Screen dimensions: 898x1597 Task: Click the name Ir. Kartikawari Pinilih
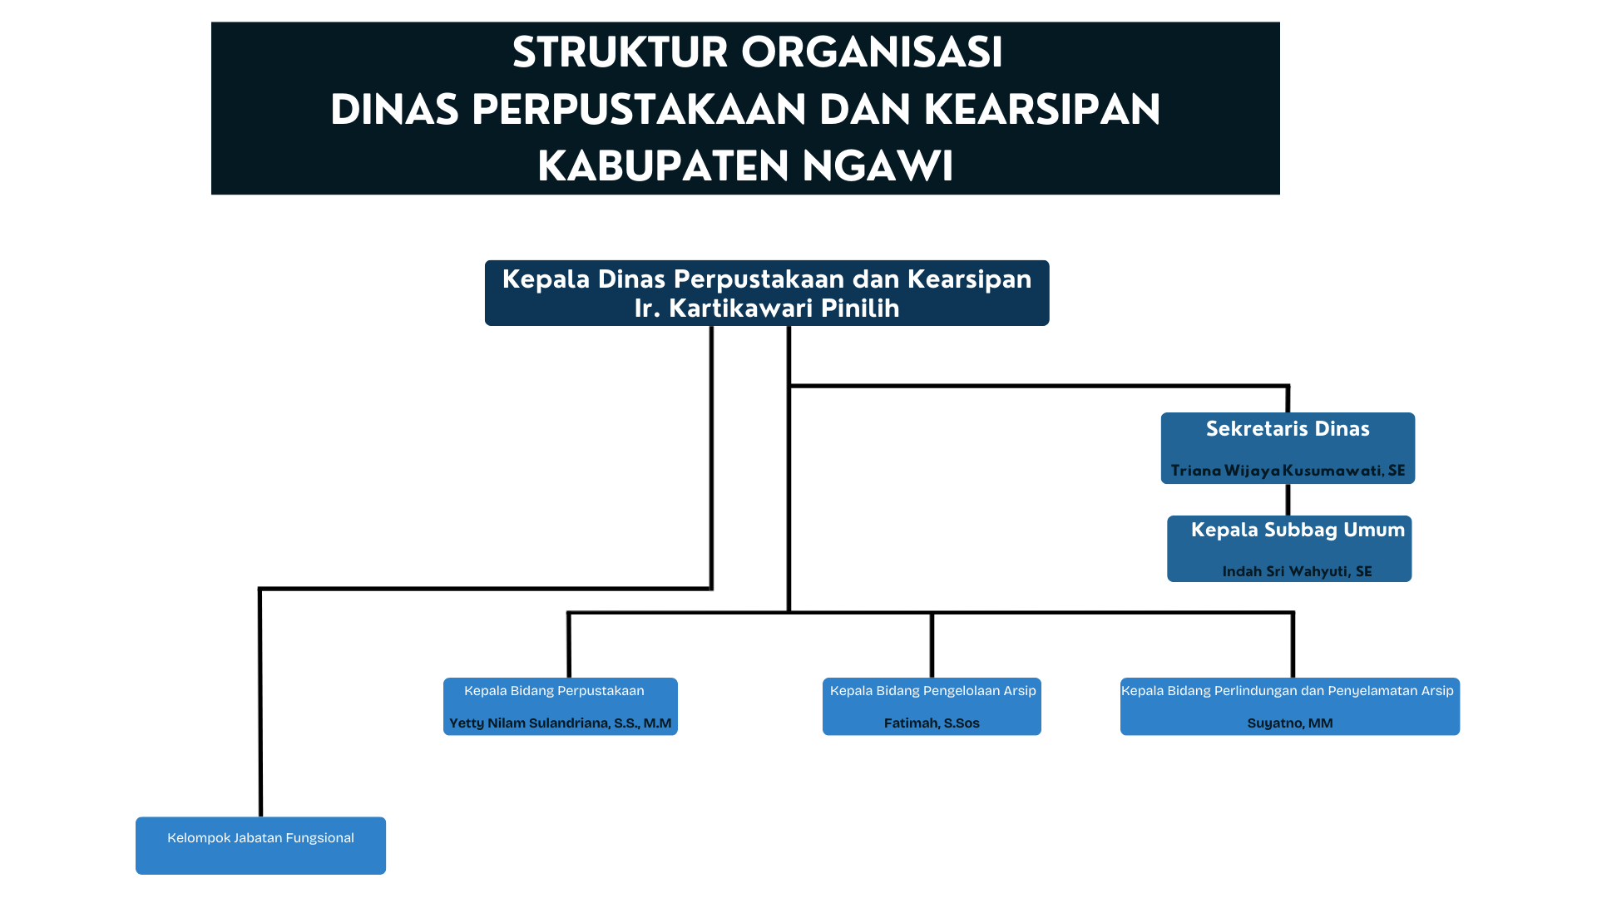click(x=766, y=308)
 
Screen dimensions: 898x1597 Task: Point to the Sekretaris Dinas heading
click(x=1287, y=429)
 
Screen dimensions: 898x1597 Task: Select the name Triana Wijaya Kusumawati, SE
click(x=1288, y=471)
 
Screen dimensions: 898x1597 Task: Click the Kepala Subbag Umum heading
click(x=1297, y=530)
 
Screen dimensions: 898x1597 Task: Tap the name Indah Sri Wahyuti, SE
click(x=1297, y=571)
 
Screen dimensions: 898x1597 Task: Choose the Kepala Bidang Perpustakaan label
click(x=554, y=691)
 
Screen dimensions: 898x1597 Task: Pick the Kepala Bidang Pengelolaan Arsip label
click(x=932, y=691)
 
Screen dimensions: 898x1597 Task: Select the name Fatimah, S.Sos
click(x=932, y=723)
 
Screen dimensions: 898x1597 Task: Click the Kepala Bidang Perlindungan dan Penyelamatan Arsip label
click(x=1287, y=691)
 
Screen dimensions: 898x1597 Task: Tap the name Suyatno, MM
click(x=1289, y=723)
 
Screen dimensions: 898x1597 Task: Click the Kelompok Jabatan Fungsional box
click(x=260, y=846)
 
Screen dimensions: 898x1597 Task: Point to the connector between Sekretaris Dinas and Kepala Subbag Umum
click(x=1288, y=500)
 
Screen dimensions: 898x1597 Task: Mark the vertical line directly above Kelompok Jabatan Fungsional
click(x=260, y=707)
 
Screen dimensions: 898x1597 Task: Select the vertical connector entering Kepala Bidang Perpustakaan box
click(x=569, y=646)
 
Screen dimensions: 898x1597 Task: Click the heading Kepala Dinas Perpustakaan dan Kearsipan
click(x=766, y=279)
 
